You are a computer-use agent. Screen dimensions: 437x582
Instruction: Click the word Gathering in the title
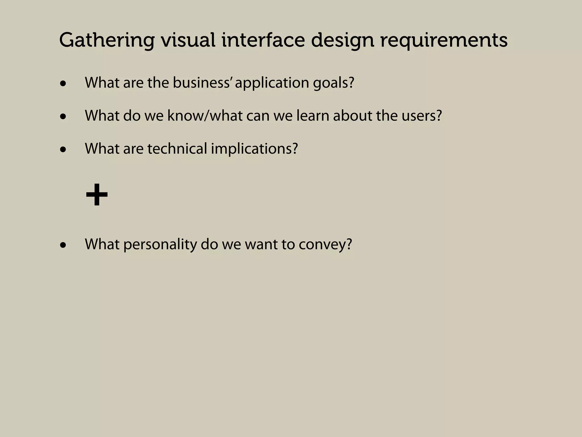click(107, 41)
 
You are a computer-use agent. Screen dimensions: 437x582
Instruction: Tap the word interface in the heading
click(263, 40)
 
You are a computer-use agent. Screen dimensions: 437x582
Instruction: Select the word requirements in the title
click(444, 41)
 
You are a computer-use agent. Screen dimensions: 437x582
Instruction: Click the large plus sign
click(97, 195)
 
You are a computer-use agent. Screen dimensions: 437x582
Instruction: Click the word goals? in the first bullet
click(334, 83)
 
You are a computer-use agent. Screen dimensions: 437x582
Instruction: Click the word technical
click(177, 149)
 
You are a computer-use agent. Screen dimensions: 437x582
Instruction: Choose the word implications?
click(254, 149)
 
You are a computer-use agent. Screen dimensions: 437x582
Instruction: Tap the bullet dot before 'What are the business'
click(63, 84)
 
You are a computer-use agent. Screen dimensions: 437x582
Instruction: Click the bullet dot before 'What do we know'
click(63, 117)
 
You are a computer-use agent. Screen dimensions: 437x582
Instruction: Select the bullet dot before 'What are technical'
click(63, 150)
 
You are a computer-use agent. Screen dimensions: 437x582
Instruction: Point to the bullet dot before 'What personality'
click(63, 245)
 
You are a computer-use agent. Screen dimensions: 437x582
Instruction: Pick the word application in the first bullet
click(272, 83)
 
